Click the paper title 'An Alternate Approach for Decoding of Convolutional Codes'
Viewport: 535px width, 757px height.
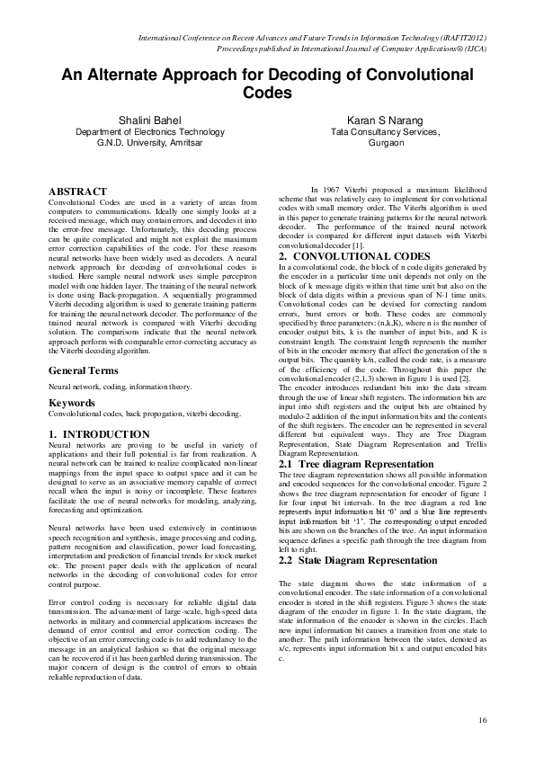(x=267, y=84)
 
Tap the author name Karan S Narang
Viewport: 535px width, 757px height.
(x=385, y=120)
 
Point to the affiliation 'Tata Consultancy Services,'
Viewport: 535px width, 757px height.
(x=385, y=131)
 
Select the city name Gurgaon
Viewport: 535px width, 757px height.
(x=385, y=142)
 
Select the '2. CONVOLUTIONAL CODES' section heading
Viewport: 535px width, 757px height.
(x=342, y=256)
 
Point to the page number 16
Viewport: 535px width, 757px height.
(x=482, y=719)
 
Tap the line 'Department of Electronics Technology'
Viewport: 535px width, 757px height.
(x=149, y=131)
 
